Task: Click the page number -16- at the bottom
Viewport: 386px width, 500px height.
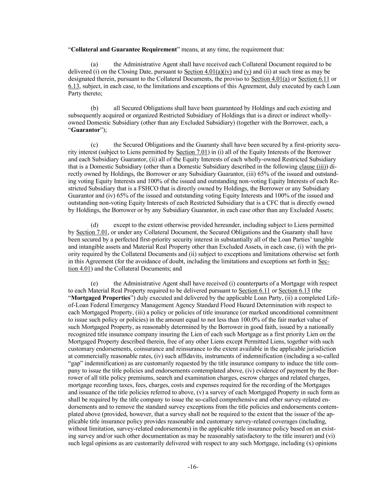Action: pos(193,467)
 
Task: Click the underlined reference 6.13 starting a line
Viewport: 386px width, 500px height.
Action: pos(73,86)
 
